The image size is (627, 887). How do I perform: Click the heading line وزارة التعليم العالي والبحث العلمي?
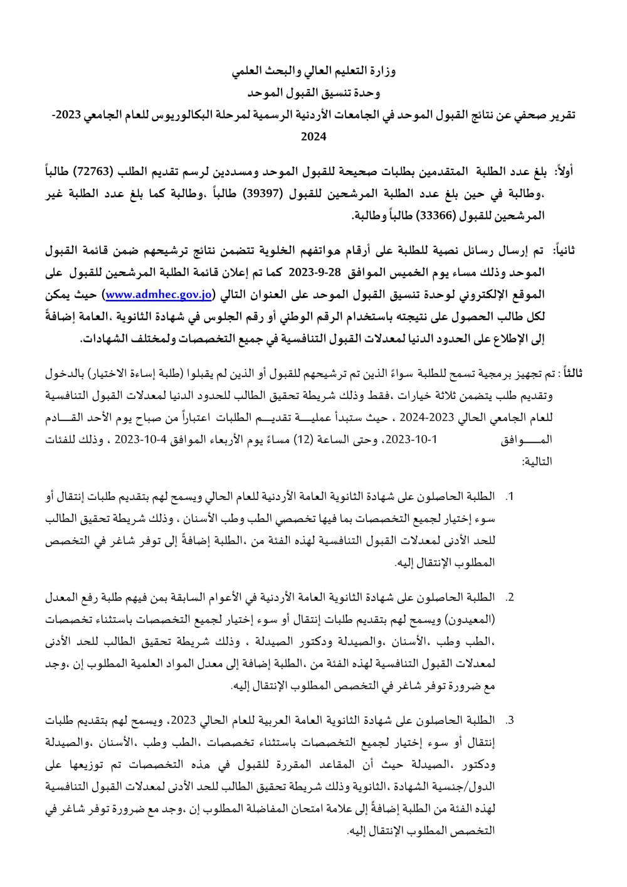(x=314, y=72)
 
